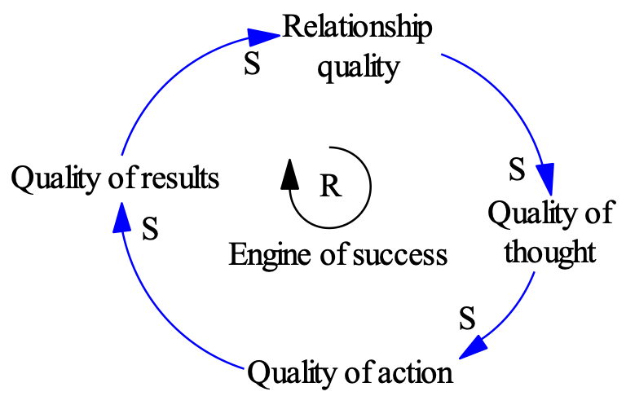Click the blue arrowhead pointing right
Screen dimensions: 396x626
263,37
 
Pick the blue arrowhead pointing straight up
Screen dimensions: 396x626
122,218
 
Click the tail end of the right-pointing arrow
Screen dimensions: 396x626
122,155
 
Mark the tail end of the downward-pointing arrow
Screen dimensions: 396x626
442,55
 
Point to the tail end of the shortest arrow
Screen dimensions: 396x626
534,272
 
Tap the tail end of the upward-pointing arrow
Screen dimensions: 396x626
243,368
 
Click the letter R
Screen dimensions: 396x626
329,187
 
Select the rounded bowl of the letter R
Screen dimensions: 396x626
333,181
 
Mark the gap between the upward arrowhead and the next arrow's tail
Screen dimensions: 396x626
121,178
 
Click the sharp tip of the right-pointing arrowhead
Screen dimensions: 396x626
280,35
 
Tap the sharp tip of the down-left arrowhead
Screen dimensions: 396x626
459,359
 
